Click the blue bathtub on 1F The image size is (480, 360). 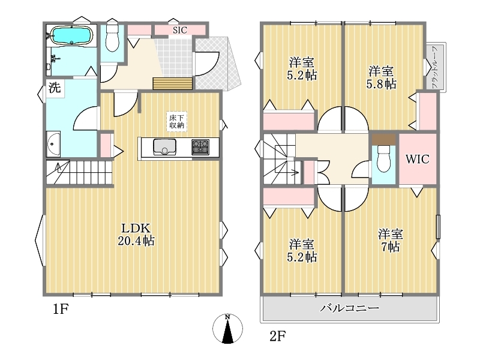(71, 35)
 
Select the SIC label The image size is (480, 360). (179, 31)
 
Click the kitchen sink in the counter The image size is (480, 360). (164, 147)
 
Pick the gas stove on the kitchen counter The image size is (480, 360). (200, 147)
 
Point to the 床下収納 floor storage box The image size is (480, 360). (176, 122)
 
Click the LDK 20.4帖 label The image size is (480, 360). (136, 235)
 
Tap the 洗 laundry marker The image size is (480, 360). (55, 88)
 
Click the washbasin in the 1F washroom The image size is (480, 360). (53, 144)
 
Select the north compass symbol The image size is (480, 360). (227, 329)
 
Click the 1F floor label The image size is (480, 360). (61, 309)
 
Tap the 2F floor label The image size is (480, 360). (278, 337)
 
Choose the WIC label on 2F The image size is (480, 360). (418, 159)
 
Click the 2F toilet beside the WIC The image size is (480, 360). (383, 158)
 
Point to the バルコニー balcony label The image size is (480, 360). (350, 308)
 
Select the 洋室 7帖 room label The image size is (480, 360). (391, 241)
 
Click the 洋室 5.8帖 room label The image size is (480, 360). (381, 77)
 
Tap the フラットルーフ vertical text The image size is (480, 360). (435, 67)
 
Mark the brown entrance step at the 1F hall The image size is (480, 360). (172, 83)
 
